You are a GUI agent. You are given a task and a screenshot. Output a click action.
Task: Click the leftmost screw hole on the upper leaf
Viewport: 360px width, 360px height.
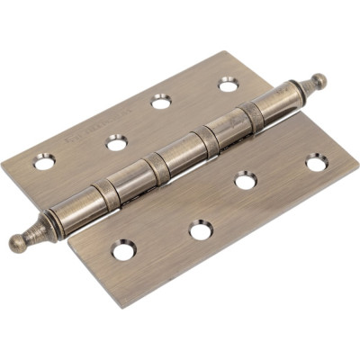[x=43, y=162]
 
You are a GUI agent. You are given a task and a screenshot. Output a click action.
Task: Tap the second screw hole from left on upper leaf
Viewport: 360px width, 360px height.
[x=116, y=140]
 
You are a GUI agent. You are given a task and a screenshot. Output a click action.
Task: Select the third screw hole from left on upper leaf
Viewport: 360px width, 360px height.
[x=162, y=101]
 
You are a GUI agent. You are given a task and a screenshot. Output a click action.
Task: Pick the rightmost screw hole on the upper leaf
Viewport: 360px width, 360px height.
[x=228, y=85]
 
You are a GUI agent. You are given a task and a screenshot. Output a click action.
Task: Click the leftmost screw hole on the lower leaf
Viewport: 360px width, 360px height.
[x=124, y=249]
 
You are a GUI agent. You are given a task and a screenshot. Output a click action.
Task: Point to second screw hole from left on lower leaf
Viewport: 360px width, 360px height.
[x=200, y=229]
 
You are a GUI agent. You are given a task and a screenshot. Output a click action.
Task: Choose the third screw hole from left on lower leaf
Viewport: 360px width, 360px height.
[x=246, y=181]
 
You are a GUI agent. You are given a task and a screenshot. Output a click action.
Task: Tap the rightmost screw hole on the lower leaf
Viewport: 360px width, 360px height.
[x=316, y=163]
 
